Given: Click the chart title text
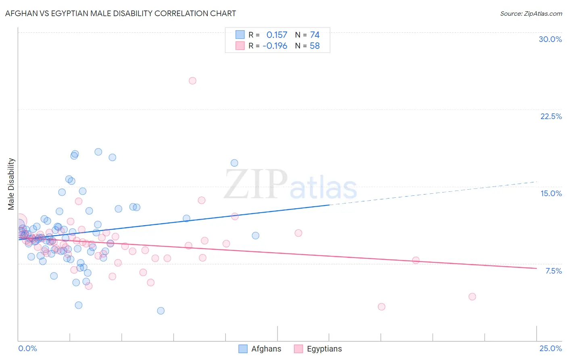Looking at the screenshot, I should pos(121,13).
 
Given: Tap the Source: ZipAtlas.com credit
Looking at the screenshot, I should pos(531,14).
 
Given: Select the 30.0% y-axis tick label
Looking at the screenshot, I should pos(550,39).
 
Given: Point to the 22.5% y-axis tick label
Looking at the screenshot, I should pos(551,116).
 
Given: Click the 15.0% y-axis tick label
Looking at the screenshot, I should pos(551,193).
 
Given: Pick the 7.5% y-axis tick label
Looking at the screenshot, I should pos(553,271).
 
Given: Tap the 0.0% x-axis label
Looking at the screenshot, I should pos(27,348).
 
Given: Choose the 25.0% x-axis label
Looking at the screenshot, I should pos(550,348).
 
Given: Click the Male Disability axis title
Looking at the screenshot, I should pos(11,184).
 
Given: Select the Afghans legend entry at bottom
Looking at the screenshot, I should pos(260,349).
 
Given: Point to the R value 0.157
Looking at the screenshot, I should pos(277,35).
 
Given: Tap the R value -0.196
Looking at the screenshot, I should pos(275,46).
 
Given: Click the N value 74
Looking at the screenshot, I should pos(315,35).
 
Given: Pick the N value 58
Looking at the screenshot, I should pos(315,46).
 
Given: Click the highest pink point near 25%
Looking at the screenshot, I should pos(192,81).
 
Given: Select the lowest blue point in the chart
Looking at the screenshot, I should pos(161,311).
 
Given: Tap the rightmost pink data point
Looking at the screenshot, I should pos(472,297).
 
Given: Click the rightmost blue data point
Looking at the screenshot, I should pos(255,236).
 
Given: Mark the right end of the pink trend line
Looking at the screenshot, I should pos(536,268).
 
